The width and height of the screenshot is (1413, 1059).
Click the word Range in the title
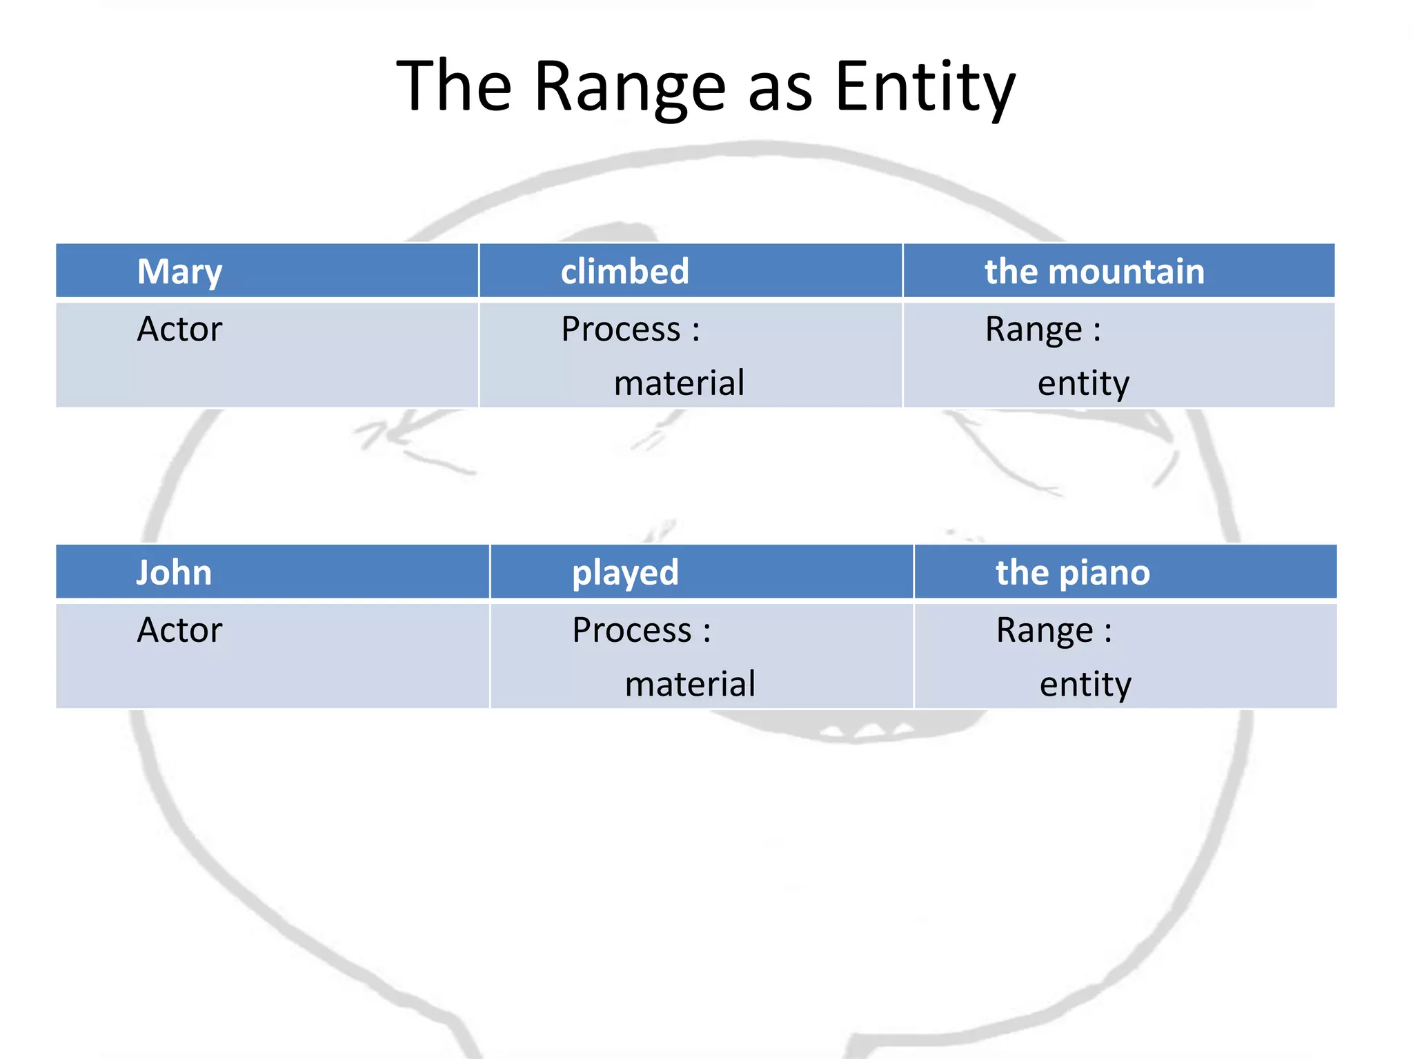630,88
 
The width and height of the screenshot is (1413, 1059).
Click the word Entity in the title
925,88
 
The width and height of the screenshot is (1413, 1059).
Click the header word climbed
624,271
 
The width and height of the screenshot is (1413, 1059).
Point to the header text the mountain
1094,271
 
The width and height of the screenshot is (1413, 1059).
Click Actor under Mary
179,329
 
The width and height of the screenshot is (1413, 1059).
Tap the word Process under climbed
620,329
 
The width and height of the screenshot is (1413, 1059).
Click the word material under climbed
679,383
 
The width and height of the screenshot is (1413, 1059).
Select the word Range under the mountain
1033,329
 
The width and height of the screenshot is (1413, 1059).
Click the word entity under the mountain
1083,383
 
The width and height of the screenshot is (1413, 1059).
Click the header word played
625,573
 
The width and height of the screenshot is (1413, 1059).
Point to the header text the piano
1073,573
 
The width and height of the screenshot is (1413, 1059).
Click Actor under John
179,630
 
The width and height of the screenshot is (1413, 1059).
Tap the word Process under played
631,630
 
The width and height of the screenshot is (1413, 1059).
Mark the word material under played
690,685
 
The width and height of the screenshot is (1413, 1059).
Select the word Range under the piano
1044,630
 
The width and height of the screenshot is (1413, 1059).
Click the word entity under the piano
1085,685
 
